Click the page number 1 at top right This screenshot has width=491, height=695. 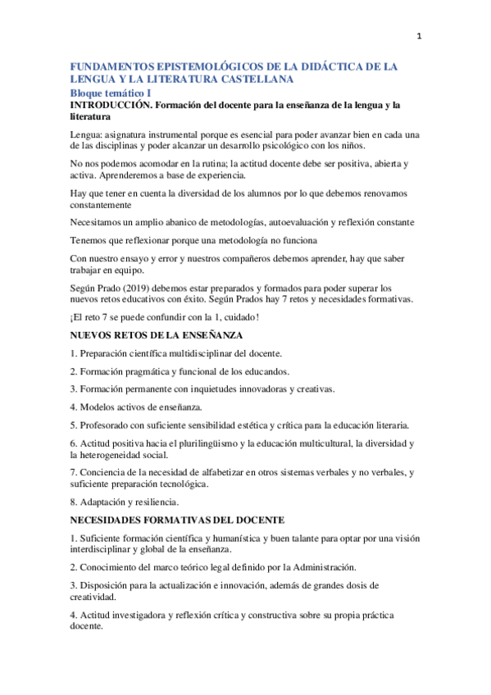point(420,35)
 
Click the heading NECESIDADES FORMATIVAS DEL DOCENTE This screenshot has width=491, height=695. point(177,520)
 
